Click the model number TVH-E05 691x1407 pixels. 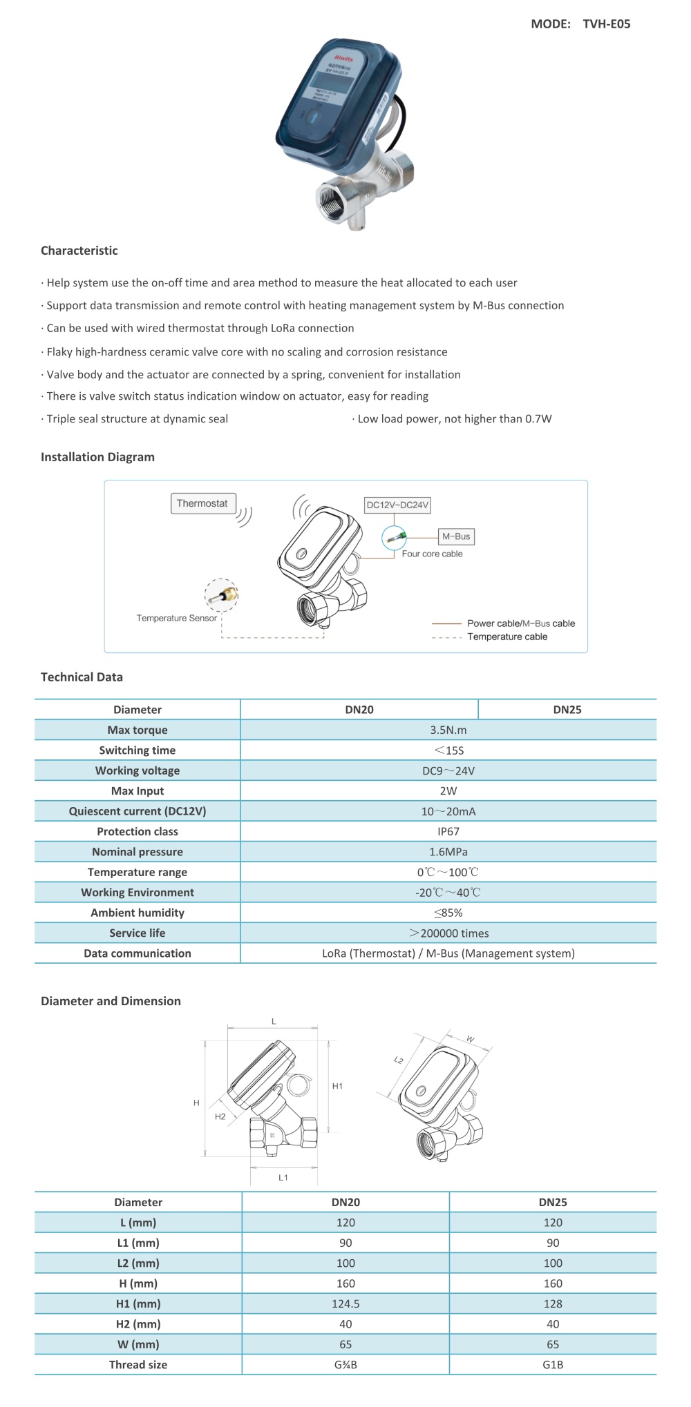[606, 24]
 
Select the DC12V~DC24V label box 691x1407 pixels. [397, 505]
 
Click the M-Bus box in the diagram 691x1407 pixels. [456, 536]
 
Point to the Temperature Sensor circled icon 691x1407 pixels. [221, 595]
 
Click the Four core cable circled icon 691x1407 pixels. [395, 537]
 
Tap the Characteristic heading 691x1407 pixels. [79, 251]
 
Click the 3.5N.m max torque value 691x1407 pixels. [448, 730]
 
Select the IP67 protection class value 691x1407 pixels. [448, 831]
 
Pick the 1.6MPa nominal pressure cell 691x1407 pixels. [448, 852]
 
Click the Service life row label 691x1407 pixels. [138, 933]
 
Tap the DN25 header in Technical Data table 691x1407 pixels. [567, 710]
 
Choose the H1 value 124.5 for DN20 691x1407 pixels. [345, 1303]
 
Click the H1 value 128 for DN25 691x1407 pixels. [553, 1303]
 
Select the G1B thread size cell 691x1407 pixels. [553, 1364]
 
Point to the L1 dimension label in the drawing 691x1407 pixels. [283, 1177]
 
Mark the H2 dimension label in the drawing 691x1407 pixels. [220, 1116]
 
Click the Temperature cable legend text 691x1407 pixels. [507, 637]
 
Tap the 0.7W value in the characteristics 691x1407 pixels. [538, 419]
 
